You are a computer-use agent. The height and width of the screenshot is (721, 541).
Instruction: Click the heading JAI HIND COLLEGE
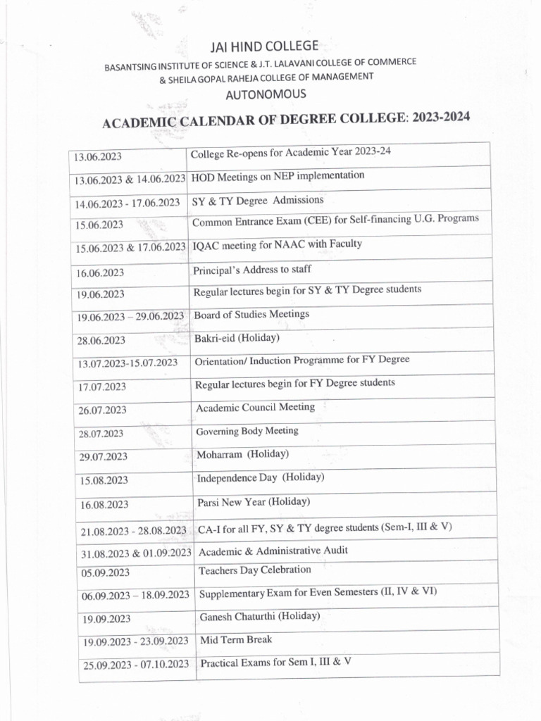coord(265,47)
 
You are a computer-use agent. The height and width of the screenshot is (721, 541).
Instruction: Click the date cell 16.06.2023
coord(101,272)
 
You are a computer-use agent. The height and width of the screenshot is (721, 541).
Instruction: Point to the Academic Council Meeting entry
coord(255,407)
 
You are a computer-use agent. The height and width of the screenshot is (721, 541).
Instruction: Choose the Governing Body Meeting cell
coord(247,431)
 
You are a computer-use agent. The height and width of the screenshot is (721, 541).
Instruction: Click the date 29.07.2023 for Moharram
coord(103,457)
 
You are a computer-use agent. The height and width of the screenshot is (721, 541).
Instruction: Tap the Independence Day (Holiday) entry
coord(260,477)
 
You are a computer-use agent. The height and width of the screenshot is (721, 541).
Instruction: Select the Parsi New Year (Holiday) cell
coord(254,503)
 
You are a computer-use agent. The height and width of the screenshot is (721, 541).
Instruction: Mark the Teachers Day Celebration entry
coord(254,570)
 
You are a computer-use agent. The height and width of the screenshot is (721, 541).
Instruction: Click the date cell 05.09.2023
coord(105,573)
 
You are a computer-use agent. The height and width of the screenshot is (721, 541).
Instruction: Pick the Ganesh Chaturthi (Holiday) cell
coord(260,616)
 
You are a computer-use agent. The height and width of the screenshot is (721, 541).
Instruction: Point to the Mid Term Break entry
coord(236,640)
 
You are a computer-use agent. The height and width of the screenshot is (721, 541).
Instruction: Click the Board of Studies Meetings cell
coord(251,314)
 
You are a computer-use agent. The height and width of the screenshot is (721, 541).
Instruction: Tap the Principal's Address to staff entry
coord(251,269)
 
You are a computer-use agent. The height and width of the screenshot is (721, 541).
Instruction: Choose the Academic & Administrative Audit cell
coord(273,551)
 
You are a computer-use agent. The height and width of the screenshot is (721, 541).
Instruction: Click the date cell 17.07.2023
coord(102,387)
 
